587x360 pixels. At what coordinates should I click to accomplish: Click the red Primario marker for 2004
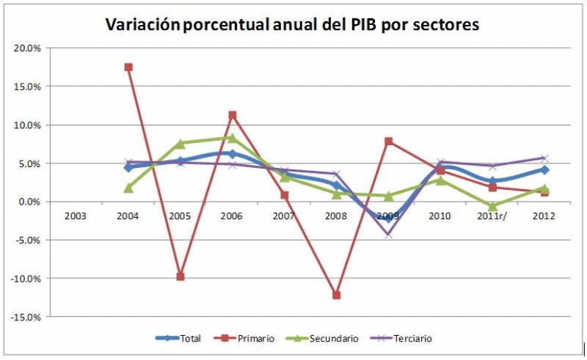click(x=128, y=67)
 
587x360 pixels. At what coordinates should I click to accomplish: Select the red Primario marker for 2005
click(x=181, y=276)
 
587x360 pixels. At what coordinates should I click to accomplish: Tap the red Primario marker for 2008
click(x=337, y=295)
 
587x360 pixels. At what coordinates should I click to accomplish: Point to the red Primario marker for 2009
click(x=389, y=142)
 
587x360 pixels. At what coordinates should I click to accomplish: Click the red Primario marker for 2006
click(x=233, y=115)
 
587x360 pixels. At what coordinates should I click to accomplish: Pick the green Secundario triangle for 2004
click(x=128, y=188)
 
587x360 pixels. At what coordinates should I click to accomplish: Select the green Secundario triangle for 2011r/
click(x=493, y=207)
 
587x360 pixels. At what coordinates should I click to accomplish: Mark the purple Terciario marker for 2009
click(x=389, y=234)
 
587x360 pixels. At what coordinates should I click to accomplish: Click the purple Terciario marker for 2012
click(x=544, y=158)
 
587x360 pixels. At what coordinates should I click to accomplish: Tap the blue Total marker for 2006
click(x=233, y=154)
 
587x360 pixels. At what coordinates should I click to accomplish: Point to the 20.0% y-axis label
click(x=28, y=48)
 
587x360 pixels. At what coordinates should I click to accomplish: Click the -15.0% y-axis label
click(x=26, y=317)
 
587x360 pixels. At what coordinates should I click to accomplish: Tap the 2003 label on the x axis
click(x=76, y=216)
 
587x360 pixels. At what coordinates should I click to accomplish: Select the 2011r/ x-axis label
click(x=492, y=216)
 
